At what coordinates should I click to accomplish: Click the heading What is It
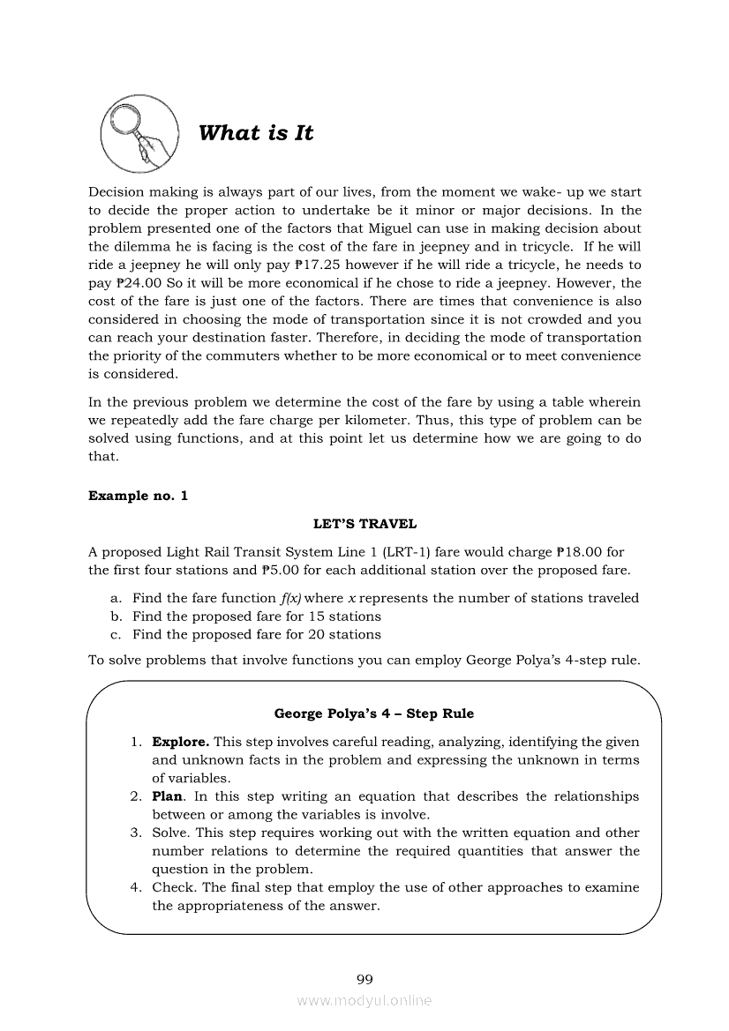[256, 133]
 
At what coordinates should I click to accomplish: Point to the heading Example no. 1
[138, 496]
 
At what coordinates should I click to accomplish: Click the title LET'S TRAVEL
[364, 524]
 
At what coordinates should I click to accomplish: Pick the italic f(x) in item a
[290, 598]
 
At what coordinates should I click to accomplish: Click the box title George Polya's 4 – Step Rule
[374, 713]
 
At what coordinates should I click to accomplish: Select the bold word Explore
[180, 742]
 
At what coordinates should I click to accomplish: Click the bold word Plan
[167, 796]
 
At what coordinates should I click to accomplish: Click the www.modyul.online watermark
[364, 1001]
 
